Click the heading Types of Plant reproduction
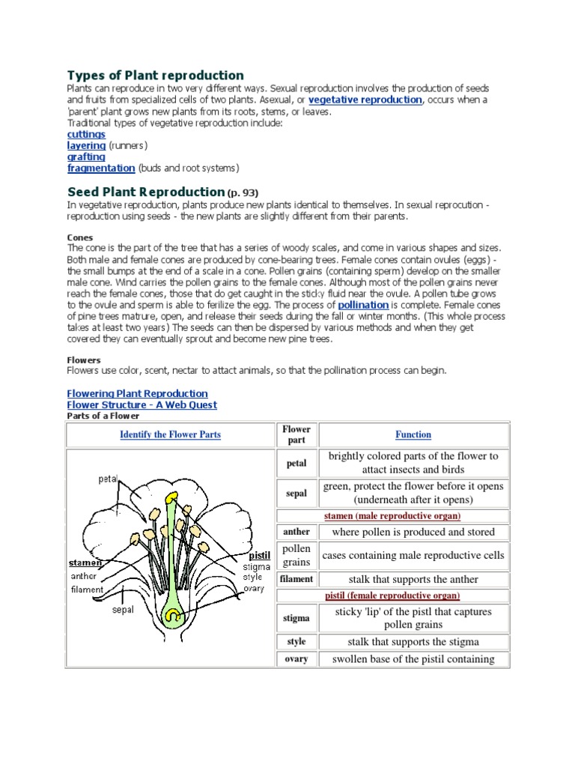pyautogui.click(x=156, y=75)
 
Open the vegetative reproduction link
pyautogui.click(x=365, y=100)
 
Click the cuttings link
pyautogui.click(x=86, y=134)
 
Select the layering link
pyautogui.click(x=86, y=145)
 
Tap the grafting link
pyautogui.click(x=86, y=157)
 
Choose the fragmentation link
pyautogui.click(x=101, y=168)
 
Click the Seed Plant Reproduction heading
pyautogui.click(x=146, y=192)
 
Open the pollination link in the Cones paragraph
pyautogui.click(x=363, y=305)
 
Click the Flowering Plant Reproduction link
pyautogui.click(x=138, y=393)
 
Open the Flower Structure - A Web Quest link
pyautogui.click(x=142, y=404)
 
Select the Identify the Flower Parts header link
pyautogui.click(x=170, y=434)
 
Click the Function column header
pyautogui.click(x=413, y=434)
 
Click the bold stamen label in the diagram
pyautogui.click(x=85, y=563)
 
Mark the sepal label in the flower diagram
pyautogui.click(x=123, y=610)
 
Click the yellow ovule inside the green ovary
pyautogui.click(x=174, y=616)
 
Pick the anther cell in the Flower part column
pyautogui.click(x=296, y=532)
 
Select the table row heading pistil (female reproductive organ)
pyautogui.click(x=392, y=595)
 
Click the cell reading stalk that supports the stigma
pyautogui.click(x=413, y=642)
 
